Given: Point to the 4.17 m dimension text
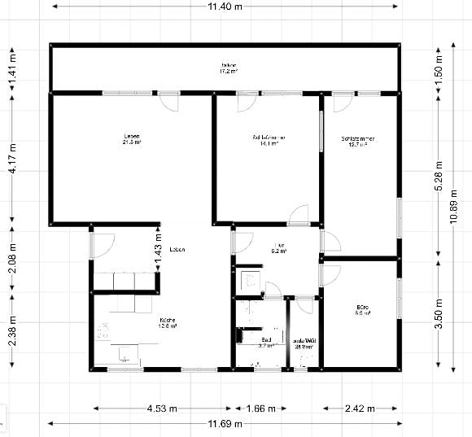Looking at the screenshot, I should (11, 160).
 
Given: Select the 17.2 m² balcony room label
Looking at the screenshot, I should (228, 68).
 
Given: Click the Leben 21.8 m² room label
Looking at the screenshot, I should (132, 139).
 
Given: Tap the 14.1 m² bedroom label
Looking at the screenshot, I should (268, 142).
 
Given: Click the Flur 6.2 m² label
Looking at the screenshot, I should (278, 248).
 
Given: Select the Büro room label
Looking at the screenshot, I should (362, 309).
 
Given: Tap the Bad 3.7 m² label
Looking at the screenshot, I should (268, 343).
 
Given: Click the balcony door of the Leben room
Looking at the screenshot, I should (168, 102).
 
